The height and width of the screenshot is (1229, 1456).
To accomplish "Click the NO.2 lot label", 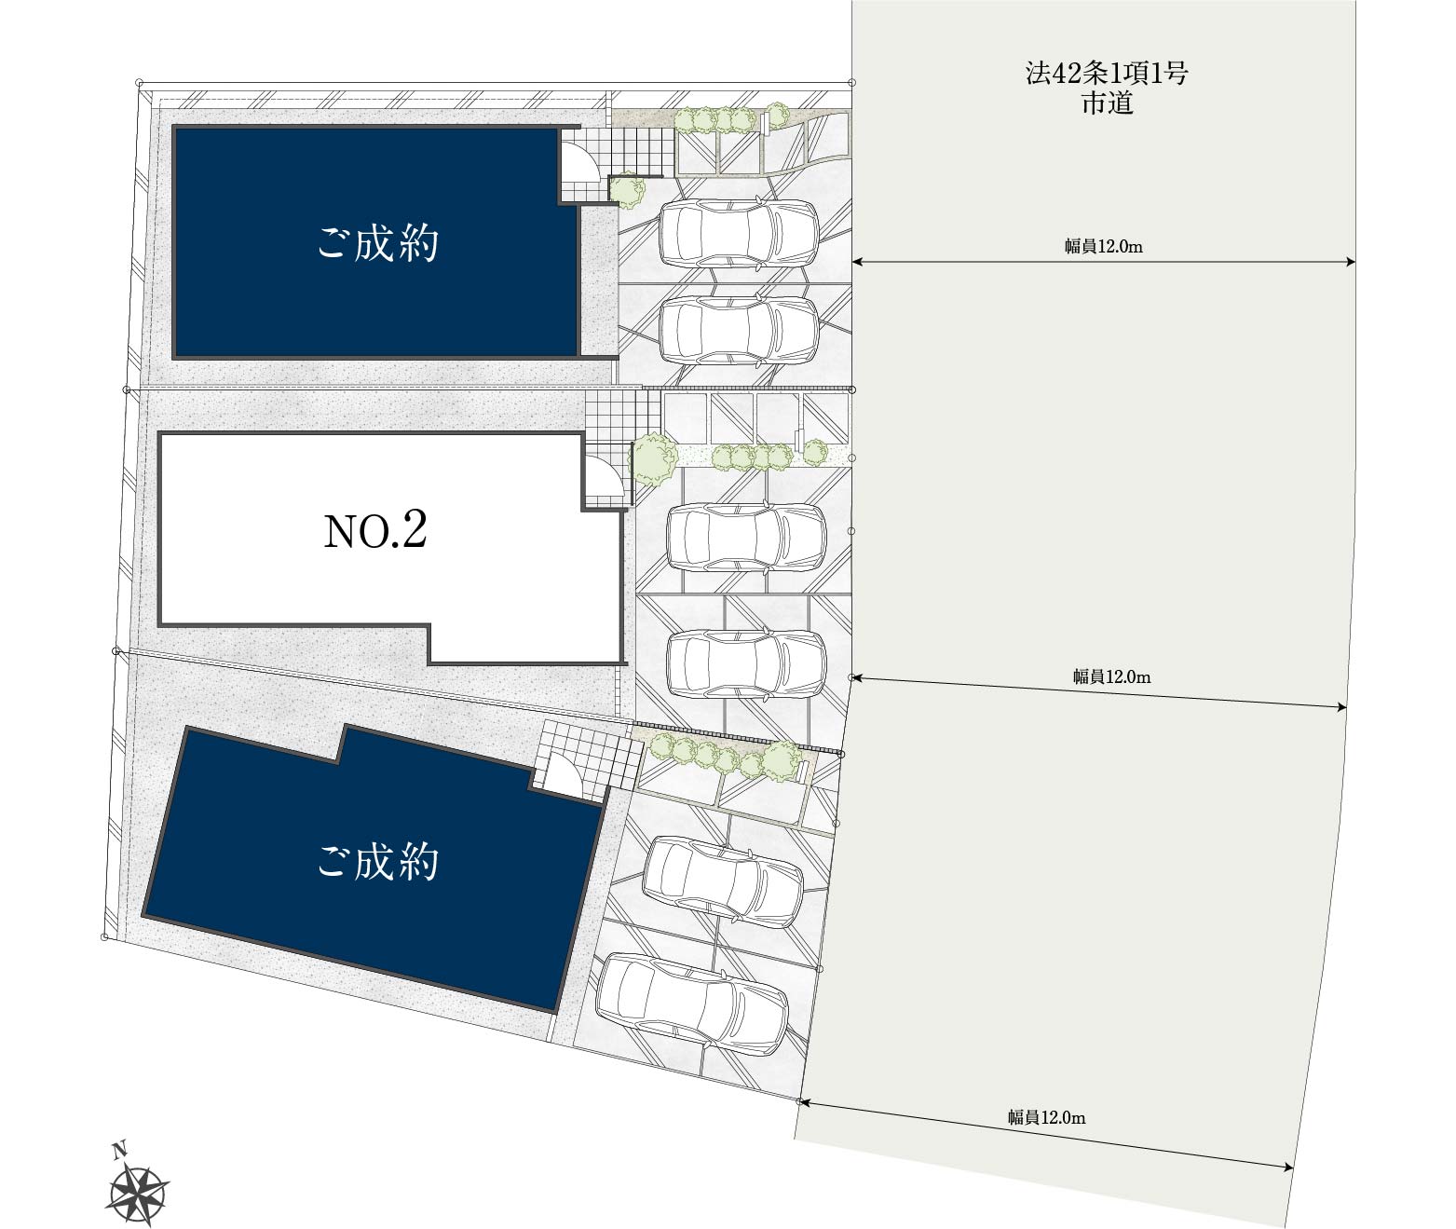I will (374, 531).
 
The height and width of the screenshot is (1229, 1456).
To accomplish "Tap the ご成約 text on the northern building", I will (377, 244).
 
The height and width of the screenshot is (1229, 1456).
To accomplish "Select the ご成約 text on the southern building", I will (377, 862).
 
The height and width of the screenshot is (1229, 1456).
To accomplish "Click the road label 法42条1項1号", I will (1107, 75).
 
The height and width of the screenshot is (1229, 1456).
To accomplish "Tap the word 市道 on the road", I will (1107, 103).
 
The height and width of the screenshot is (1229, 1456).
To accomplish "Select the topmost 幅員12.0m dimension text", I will (1104, 247).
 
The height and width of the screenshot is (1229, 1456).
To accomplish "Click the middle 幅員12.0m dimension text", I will (1111, 677).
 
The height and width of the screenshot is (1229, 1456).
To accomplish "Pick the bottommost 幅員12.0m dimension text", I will (1046, 1116).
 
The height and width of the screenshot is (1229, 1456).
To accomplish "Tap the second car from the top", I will (739, 330).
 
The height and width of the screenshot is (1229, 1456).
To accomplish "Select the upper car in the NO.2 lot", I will (746, 537).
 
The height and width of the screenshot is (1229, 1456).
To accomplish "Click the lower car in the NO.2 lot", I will (746, 663).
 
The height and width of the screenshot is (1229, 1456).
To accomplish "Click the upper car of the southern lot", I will (723, 881).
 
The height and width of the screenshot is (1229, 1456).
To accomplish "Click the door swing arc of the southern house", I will (564, 775).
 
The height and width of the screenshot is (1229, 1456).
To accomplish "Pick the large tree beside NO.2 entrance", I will (654, 458).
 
